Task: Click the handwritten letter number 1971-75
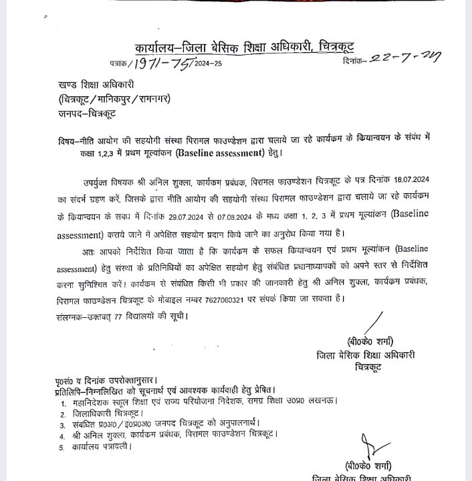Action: [x=161, y=63]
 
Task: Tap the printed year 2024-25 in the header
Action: [x=208, y=65]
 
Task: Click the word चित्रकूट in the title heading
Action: [x=330, y=47]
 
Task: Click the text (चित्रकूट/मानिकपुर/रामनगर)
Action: [x=114, y=99]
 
